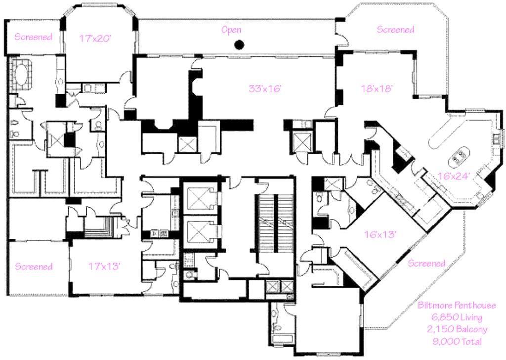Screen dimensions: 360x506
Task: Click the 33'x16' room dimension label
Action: (x=265, y=89)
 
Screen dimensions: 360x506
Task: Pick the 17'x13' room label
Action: (x=103, y=267)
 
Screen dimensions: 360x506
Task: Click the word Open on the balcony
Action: (x=231, y=30)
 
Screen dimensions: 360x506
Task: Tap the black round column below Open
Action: (x=239, y=45)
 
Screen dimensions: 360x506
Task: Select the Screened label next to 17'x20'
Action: (x=33, y=37)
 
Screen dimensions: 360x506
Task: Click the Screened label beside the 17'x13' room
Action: (x=34, y=267)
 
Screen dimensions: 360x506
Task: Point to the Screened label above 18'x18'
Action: (x=395, y=30)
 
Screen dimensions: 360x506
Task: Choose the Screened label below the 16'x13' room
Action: (x=426, y=264)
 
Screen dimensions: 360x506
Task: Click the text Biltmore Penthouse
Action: (x=457, y=306)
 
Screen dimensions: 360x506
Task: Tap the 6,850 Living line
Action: (x=457, y=317)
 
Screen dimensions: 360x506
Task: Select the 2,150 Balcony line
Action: (x=457, y=329)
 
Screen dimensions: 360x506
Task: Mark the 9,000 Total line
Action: (x=457, y=341)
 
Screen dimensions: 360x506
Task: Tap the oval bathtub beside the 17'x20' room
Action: (x=21, y=74)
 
